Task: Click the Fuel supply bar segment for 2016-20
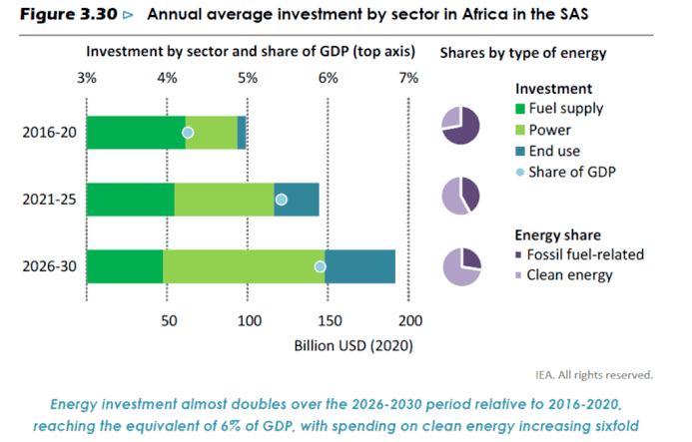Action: tap(136, 133)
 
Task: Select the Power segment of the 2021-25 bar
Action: tap(224, 200)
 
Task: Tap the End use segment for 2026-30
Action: tap(359, 266)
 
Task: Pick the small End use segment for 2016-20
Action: tap(242, 133)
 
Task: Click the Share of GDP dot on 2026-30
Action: tap(321, 266)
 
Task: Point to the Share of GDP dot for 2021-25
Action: tap(281, 200)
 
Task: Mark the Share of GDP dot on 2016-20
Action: tap(187, 133)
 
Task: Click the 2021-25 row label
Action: tap(46, 200)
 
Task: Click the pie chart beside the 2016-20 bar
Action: tap(461, 126)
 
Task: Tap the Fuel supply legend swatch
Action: tap(519, 109)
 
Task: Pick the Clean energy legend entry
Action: tap(567, 274)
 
